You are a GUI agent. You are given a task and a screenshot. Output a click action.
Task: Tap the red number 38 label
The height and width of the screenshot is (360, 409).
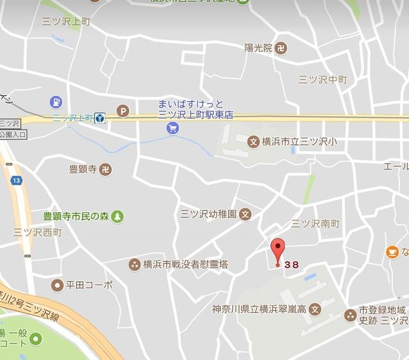tap(292, 264)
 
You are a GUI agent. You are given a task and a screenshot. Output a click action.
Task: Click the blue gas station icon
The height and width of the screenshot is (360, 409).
tap(57, 102)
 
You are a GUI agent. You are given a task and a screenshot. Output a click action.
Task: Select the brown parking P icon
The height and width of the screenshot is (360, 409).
tap(123, 112)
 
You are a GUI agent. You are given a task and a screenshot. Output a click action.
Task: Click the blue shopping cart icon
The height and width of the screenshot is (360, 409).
tap(173, 128)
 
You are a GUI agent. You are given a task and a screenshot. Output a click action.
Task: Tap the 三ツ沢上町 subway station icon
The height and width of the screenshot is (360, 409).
tap(99, 118)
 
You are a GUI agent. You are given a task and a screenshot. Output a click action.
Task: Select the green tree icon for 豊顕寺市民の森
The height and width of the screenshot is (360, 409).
tap(118, 217)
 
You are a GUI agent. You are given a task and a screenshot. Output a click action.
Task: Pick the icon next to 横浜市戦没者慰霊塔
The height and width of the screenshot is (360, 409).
tap(134, 263)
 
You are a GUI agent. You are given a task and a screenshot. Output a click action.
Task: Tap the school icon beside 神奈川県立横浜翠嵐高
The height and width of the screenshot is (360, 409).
tap(314, 309)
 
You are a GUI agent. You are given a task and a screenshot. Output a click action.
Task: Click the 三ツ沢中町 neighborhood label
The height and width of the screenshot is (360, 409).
tap(323, 80)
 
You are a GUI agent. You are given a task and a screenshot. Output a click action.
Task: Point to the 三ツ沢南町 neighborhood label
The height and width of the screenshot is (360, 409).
tap(315, 224)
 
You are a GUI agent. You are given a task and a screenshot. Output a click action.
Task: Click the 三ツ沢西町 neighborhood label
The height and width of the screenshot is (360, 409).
tap(38, 233)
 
